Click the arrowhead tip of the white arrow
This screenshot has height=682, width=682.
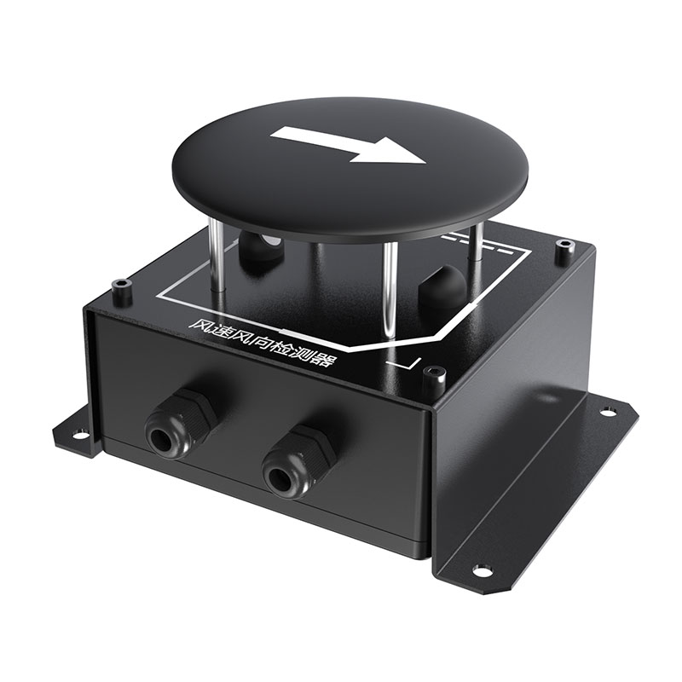(424, 161)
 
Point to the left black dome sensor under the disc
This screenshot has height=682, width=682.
(258, 251)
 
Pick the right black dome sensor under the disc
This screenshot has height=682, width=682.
(438, 290)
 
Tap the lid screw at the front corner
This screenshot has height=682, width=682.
(436, 373)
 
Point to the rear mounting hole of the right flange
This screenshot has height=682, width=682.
(607, 412)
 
